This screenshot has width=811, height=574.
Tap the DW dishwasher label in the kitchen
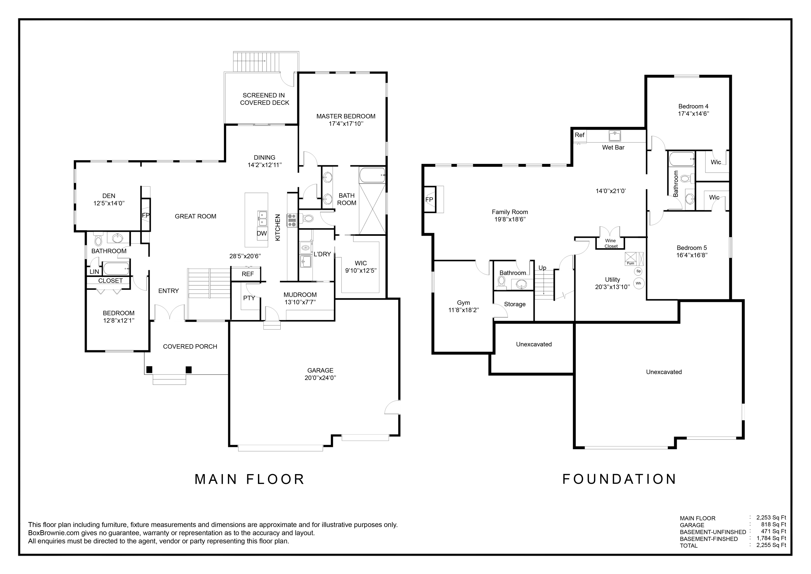tap(262, 233)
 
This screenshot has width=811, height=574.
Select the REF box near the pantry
tap(248, 274)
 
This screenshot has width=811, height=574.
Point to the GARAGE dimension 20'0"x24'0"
tap(320, 378)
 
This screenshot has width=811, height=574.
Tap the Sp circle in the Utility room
tap(638, 271)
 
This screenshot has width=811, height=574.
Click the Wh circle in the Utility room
tap(638, 283)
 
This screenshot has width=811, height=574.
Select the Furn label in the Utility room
tap(630, 263)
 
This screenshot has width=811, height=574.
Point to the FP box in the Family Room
tap(429, 200)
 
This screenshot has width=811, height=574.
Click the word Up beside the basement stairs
tap(542, 268)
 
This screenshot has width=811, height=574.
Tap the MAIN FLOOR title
tap(249, 479)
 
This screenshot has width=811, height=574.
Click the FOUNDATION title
tap(619, 479)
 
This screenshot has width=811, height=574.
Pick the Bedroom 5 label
tap(692, 248)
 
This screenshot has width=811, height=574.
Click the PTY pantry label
tap(249, 298)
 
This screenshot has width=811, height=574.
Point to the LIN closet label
tap(94, 272)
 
